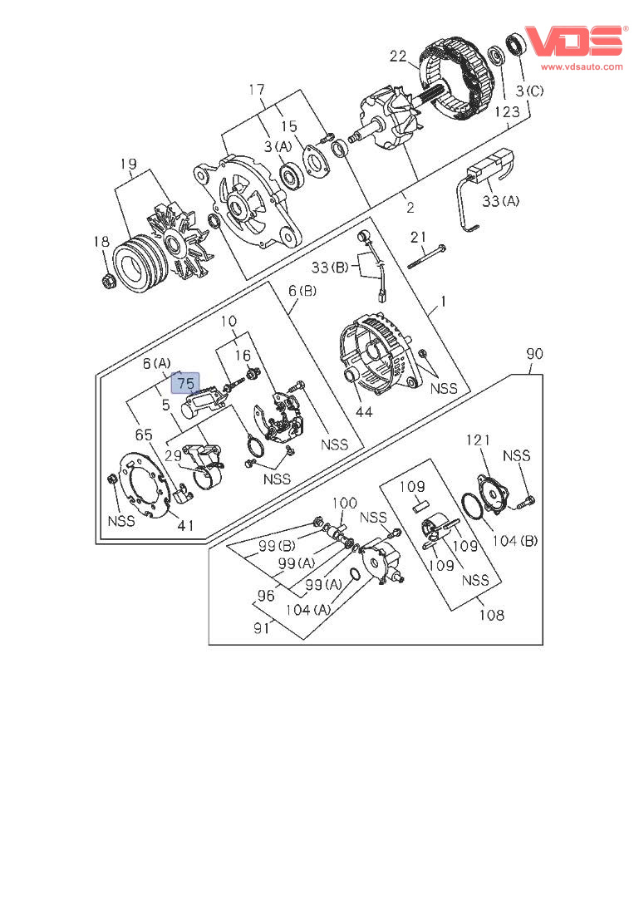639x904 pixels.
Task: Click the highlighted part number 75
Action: point(186,384)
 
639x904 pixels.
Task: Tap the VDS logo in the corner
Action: point(574,42)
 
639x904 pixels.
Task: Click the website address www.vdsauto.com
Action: point(582,66)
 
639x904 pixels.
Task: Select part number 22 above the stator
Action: point(399,56)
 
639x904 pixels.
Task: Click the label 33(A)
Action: point(500,200)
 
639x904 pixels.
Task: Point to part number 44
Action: point(363,412)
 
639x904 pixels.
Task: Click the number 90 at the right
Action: point(534,355)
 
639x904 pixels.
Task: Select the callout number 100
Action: point(345,503)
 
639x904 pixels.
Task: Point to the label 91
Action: point(262,628)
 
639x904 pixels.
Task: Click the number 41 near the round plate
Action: point(184,525)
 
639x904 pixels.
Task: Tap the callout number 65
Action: point(144,435)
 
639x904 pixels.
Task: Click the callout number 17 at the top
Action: point(256,89)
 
